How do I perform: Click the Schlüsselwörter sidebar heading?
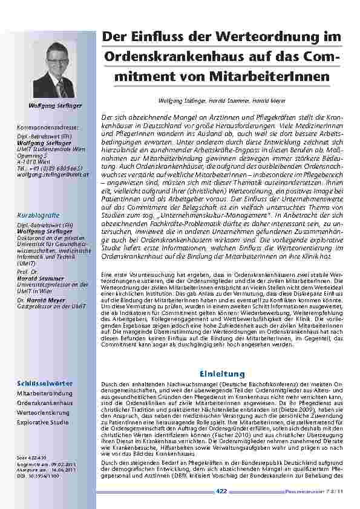click(x=45, y=383)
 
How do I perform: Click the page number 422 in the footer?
click(x=221, y=491)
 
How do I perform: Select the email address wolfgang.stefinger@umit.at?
click(x=53, y=174)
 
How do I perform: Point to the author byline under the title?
click(x=222, y=100)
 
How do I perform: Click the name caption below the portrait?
click(x=54, y=105)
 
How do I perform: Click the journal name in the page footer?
click(x=315, y=492)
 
